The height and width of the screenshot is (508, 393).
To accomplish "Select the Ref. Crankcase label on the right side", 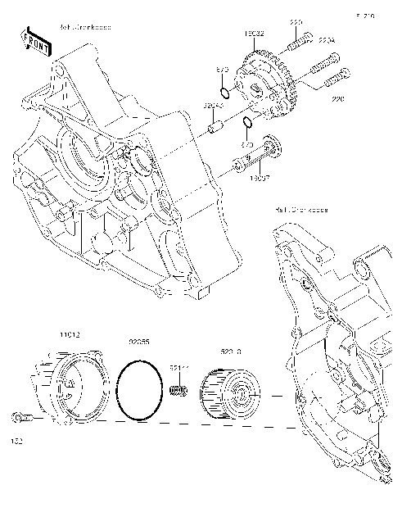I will pos(301,210).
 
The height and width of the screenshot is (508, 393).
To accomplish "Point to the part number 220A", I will pos(327,39).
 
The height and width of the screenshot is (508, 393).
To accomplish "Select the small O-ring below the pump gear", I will pos(247,124).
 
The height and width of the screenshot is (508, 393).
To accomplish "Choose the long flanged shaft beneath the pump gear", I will pos(255,159).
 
